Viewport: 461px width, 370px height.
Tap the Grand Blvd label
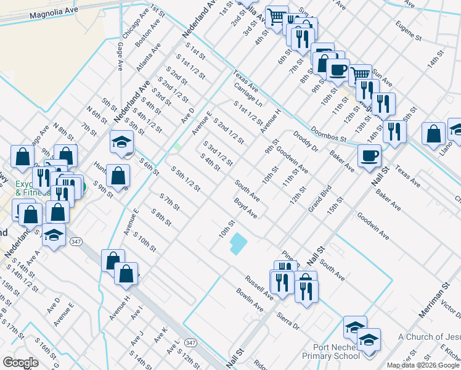(x=320, y=198)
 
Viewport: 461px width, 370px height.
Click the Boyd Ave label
(x=245, y=207)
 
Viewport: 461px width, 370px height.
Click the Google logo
(x=20, y=363)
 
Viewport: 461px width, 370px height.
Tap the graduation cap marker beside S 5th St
(x=121, y=142)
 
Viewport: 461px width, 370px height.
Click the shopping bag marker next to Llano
(x=434, y=133)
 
